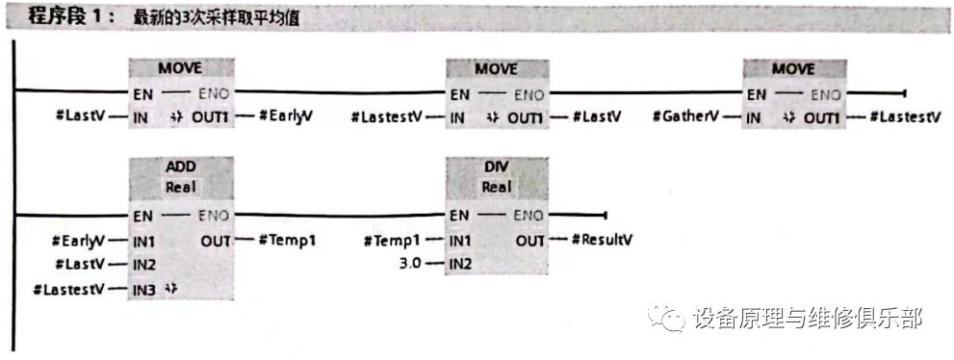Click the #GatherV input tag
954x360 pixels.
[x=686, y=117]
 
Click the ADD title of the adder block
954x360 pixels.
[x=180, y=165]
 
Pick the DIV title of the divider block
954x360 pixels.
[x=497, y=165]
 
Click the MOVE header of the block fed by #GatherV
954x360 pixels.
[x=793, y=69]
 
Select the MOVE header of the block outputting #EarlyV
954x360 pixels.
[x=180, y=69]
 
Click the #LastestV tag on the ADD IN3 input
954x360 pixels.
[x=68, y=287]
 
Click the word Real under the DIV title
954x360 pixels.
[x=497, y=187]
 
